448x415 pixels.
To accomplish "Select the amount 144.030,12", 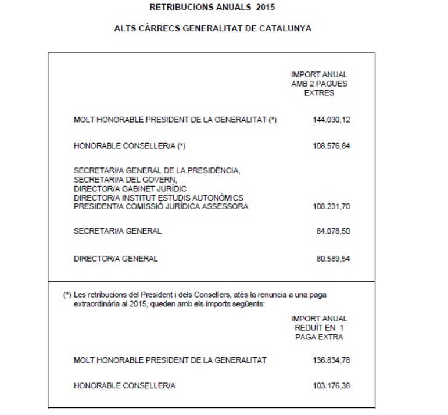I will coord(332,120).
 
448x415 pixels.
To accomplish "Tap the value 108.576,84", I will coord(332,146).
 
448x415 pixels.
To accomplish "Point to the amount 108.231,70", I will coord(332,206).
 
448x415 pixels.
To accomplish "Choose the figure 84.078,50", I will coord(334,231).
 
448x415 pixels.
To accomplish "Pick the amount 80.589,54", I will coord(334,259).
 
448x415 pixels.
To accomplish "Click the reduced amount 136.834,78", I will coord(332,360).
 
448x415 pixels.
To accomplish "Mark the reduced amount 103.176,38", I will coord(332,386).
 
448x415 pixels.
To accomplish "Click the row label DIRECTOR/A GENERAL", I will coord(116,259).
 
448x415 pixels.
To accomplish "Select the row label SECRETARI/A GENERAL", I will coord(117,231).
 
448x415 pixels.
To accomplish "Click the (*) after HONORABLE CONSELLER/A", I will coord(181,146).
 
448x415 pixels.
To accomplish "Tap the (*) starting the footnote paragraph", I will coord(67,295).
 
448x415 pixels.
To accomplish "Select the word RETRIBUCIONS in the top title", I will coord(177,9).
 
